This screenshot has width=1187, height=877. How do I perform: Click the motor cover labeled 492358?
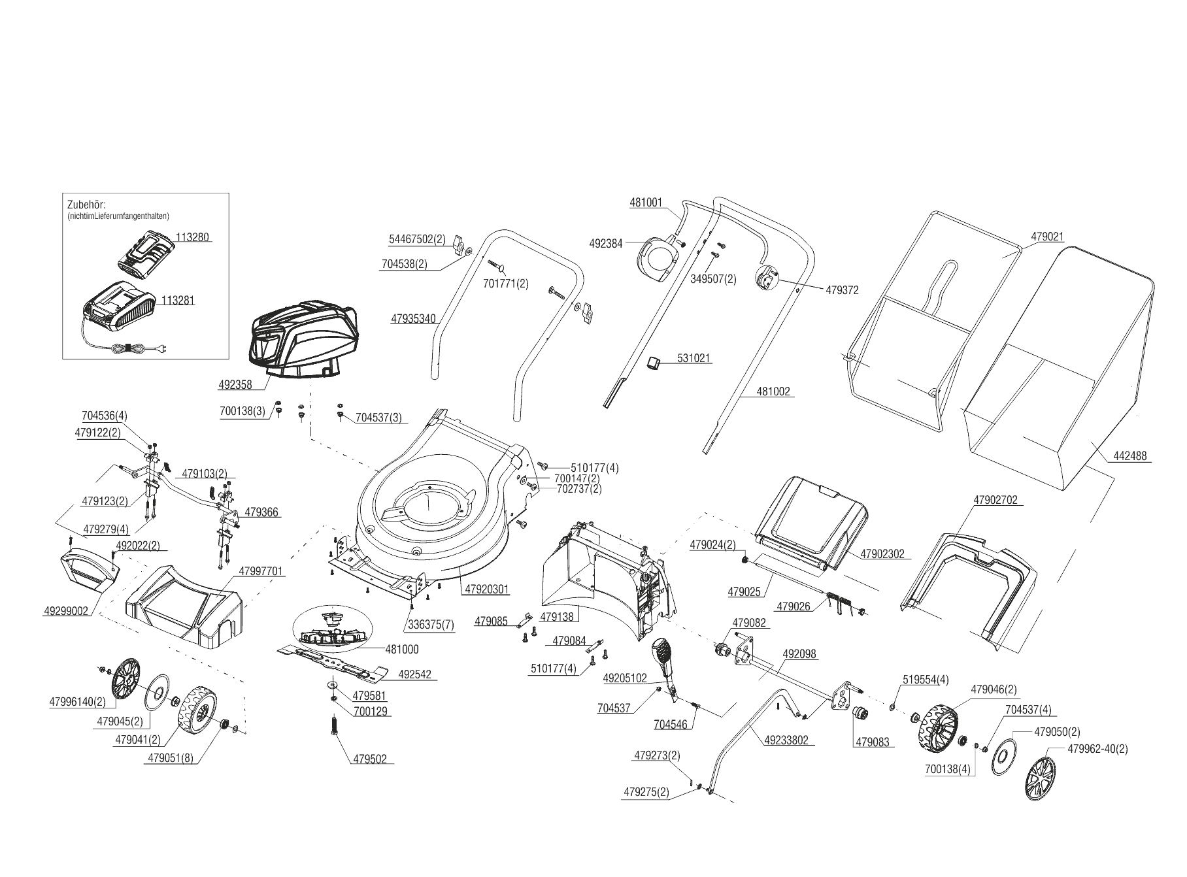(305, 340)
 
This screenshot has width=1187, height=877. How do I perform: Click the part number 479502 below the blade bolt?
(369, 759)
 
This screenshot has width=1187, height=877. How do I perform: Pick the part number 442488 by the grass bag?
(1129, 456)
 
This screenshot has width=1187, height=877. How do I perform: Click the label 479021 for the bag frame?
(1047, 237)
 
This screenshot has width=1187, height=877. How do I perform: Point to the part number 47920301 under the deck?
(487, 589)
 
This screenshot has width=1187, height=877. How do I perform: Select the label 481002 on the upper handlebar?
(773, 392)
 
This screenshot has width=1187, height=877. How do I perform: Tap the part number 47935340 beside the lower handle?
(413, 320)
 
